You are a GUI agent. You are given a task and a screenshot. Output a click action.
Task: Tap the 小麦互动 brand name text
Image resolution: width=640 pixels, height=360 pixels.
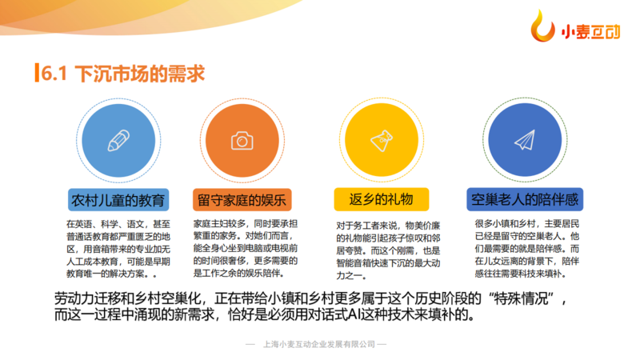590,32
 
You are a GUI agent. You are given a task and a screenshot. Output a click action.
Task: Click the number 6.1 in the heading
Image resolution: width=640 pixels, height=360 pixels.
54,74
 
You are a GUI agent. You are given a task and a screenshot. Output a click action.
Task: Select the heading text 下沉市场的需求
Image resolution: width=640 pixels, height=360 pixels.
139,74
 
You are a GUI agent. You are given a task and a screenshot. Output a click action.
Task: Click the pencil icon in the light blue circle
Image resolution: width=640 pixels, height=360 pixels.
118,141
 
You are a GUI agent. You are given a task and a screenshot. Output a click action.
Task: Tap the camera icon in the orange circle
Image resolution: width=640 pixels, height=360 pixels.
242,141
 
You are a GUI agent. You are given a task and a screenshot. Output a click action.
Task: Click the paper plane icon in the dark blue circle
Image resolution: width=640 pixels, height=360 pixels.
525,140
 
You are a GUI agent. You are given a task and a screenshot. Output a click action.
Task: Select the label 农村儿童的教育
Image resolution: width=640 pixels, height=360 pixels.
118,200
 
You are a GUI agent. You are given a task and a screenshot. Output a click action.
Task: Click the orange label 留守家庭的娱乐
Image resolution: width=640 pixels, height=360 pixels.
242,200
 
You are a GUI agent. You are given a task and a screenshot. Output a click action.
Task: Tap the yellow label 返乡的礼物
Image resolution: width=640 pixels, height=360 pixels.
382,199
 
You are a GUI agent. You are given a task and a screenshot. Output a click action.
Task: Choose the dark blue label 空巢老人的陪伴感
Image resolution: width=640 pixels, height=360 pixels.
525,199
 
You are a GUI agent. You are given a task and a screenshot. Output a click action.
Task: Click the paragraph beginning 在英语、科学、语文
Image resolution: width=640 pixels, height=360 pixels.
118,249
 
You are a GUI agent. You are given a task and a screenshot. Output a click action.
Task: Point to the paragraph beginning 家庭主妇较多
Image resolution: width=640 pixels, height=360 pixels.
246,248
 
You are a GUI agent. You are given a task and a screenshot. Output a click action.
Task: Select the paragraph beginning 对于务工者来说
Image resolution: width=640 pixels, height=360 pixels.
388,250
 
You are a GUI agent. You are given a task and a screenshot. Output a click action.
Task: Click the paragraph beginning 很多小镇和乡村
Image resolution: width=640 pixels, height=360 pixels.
527,249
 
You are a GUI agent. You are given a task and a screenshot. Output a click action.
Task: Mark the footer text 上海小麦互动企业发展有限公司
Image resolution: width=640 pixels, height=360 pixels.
319,345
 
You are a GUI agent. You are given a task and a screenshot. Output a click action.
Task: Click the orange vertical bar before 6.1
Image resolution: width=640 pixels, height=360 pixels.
37,73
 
